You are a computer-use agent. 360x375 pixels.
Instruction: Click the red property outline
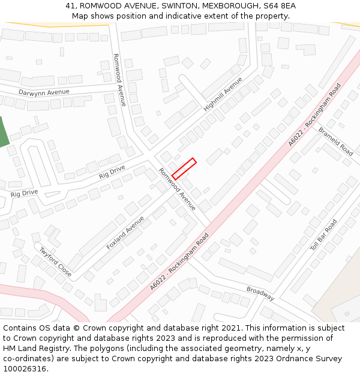[x=184, y=169]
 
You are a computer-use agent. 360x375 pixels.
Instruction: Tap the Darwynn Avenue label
[x=44, y=92]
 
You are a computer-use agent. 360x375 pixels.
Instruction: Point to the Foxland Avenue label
[x=125, y=233]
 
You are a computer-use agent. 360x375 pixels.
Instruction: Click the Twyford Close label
[x=56, y=262]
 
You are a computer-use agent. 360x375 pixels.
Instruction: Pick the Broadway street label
[x=260, y=293]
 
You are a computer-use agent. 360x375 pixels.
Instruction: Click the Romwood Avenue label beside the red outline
[x=177, y=189]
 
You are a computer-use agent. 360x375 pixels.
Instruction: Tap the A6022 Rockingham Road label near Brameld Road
[x=314, y=115]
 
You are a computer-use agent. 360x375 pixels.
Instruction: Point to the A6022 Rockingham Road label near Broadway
[x=179, y=262]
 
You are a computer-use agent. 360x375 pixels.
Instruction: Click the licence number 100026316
[x=24, y=369]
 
